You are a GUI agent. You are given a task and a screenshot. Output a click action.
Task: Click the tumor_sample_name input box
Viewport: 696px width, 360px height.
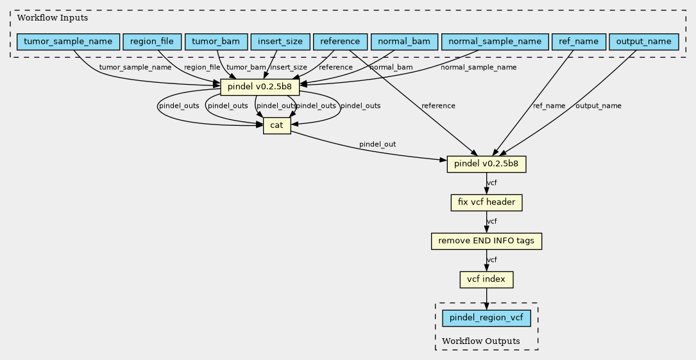[x=68, y=42]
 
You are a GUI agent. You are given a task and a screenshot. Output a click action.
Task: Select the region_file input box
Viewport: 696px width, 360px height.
[x=152, y=42]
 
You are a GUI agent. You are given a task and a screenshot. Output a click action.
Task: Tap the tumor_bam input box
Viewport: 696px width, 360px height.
[x=216, y=42]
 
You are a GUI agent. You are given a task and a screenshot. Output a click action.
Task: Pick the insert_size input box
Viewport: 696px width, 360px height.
[x=280, y=42]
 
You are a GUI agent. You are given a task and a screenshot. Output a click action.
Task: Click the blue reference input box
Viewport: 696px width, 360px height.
[x=340, y=42]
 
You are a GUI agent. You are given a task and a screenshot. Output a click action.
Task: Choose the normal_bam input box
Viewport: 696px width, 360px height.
[x=404, y=42]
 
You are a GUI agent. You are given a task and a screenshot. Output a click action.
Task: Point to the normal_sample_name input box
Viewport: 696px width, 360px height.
[x=495, y=42]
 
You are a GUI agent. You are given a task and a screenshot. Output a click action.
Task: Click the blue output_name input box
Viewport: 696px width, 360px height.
[x=643, y=42]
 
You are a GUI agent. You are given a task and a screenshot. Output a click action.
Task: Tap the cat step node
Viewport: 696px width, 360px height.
[x=276, y=126]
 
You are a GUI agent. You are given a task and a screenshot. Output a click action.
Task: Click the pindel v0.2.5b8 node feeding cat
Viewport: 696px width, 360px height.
[x=260, y=87]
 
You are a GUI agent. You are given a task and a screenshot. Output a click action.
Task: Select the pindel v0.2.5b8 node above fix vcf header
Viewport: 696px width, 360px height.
[x=486, y=164]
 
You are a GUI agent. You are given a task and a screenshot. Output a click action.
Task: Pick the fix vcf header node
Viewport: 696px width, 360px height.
[x=486, y=203]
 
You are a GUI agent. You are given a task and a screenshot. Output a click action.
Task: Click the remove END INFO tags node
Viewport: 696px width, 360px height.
[x=486, y=241]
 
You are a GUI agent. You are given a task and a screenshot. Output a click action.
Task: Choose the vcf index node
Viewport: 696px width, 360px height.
[x=486, y=280]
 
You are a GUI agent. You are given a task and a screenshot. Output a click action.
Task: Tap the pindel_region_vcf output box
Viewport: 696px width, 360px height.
[x=486, y=318]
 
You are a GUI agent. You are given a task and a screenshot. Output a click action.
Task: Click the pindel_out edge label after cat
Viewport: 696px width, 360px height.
[x=377, y=144]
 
